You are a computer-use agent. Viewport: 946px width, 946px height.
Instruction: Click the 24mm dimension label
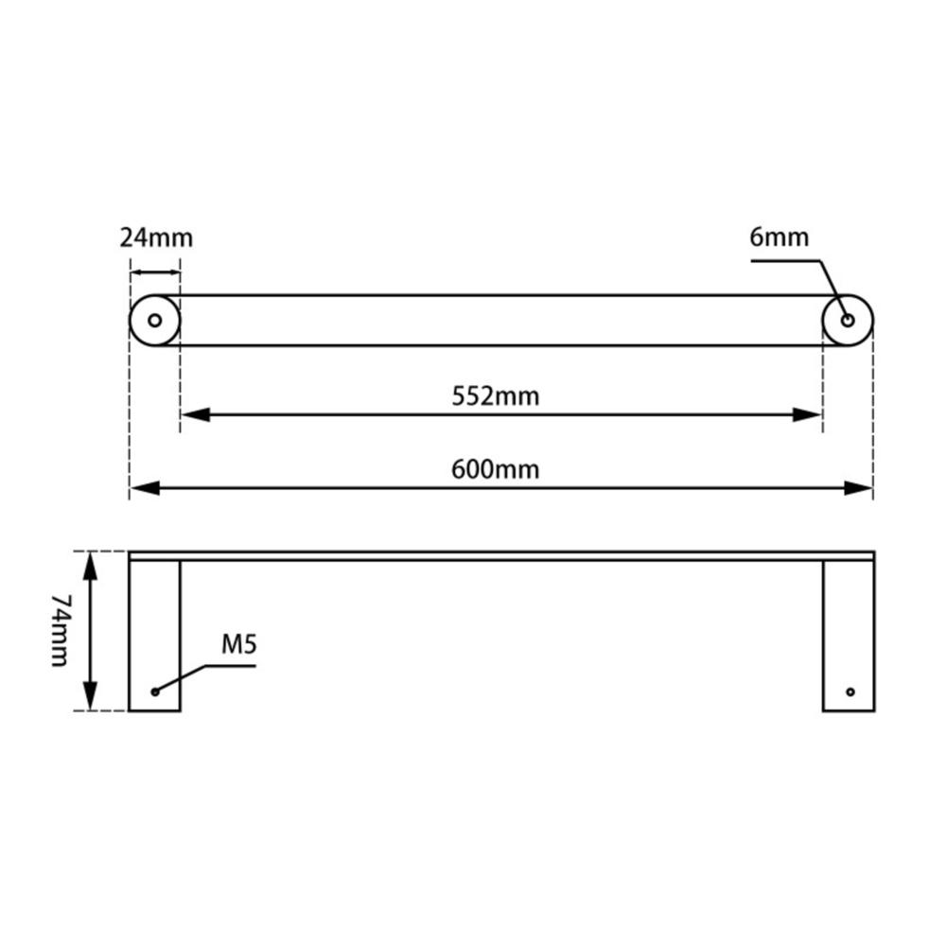(156, 236)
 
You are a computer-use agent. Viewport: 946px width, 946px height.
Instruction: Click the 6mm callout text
(780, 236)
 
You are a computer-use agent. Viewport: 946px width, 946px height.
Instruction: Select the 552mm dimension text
(495, 395)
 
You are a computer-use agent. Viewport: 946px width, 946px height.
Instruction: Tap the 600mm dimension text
(495, 468)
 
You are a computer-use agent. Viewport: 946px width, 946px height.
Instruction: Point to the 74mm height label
(60, 631)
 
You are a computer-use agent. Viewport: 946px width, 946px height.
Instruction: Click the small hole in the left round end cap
(154, 321)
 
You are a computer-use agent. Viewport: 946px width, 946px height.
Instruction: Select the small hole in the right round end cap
(848, 321)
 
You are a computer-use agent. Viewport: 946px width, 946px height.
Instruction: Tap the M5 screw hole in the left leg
(155, 692)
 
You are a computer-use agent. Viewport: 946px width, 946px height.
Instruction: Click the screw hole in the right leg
(850, 692)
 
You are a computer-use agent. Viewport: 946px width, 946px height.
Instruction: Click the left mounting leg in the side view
(154, 634)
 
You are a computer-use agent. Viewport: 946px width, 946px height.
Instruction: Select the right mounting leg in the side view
(849, 634)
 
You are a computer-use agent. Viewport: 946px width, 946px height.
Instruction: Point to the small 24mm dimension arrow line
(154, 272)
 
